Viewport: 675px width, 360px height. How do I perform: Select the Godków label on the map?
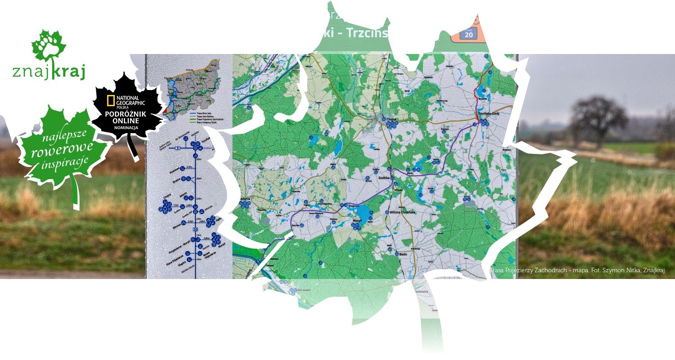tap(384, 178)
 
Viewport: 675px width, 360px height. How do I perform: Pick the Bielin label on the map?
tap(403, 255)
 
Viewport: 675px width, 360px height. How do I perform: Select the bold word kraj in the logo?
tap(68, 72)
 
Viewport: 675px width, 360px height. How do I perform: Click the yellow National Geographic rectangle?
tap(110, 101)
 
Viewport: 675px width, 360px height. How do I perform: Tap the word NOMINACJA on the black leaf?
tap(126, 128)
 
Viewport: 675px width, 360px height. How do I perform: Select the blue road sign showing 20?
tap(468, 34)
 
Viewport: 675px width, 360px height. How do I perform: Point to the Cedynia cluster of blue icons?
tap(244, 204)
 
